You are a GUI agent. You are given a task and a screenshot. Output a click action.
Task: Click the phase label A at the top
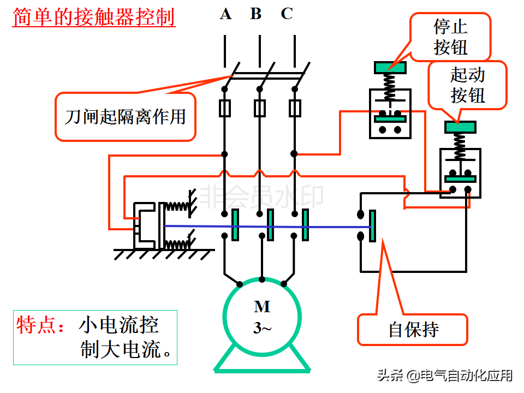pos(225,14)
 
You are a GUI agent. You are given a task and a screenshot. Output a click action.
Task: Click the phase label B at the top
pos(256,14)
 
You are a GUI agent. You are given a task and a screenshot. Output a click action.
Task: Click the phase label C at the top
pos(287,14)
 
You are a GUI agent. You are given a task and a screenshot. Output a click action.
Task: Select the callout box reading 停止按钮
pos(451,37)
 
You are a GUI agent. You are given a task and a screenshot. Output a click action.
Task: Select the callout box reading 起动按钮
pos(468,85)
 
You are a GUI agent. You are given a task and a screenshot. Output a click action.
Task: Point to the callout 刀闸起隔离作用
pos(125,116)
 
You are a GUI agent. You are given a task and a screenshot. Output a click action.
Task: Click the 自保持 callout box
pos(413,329)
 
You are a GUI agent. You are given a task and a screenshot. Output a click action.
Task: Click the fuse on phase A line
pos(224,108)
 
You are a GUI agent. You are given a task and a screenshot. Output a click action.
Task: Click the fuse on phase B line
pos(260,108)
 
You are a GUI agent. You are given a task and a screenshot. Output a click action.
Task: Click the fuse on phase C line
pos(295,108)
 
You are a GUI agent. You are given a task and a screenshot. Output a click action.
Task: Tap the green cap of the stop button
pos(390,68)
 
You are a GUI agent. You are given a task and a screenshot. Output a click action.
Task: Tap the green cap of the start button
pos(460,127)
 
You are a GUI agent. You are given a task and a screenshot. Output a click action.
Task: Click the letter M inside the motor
pos(262,307)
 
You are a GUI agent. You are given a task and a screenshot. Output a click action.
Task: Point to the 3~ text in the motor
pos(262,327)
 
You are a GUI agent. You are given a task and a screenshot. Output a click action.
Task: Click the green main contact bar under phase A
pos(235,225)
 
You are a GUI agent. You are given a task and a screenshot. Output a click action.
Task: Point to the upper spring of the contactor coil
pos(176,206)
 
